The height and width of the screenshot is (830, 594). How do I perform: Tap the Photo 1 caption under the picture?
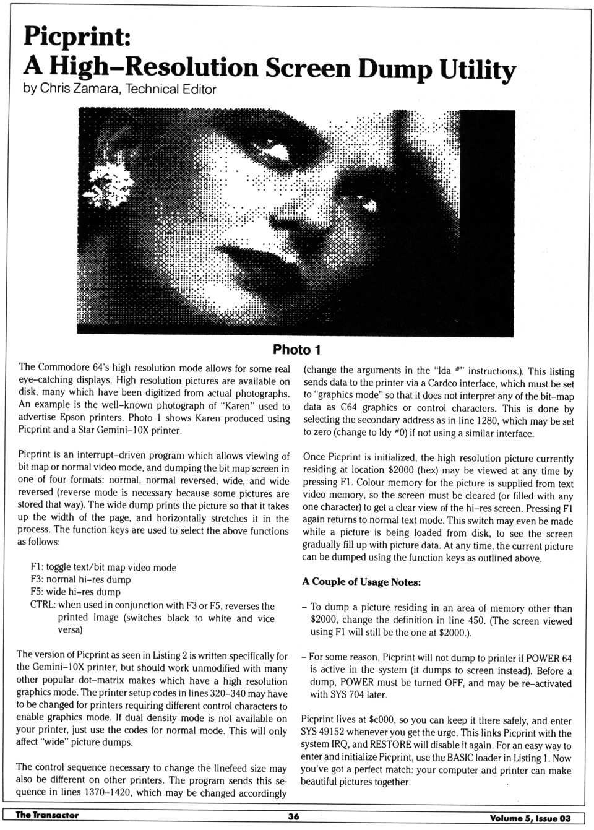(x=297, y=350)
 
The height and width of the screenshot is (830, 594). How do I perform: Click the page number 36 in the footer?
(x=293, y=816)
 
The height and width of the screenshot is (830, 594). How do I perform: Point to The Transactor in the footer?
(x=47, y=815)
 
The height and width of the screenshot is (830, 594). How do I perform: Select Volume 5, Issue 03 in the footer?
(x=530, y=818)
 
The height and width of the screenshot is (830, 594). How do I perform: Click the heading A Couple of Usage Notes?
(x=361, y=582)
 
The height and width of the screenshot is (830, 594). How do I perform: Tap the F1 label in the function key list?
(x=37, y=568)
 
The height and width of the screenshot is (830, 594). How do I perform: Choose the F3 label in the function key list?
(x=37, y=580)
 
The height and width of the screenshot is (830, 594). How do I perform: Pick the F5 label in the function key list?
(x=37, y=592)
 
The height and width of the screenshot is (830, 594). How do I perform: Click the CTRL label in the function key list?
(x=43, y=605)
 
